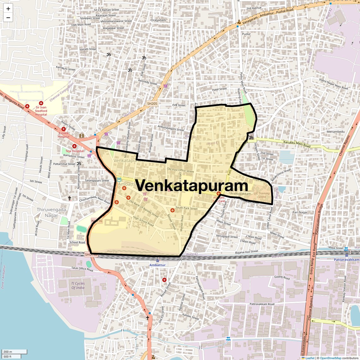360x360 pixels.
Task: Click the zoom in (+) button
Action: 8,9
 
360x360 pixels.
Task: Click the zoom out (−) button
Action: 8,18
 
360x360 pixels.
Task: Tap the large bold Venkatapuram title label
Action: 192,185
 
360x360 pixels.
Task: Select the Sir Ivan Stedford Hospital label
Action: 41,111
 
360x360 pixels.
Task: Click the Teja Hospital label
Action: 75,151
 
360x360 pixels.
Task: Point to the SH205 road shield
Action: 152,103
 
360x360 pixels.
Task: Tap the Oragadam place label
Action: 158,20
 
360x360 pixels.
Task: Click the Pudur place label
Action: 246,34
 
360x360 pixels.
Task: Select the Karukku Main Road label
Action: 297,144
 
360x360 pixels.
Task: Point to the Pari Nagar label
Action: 300,212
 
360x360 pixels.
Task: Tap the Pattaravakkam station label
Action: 346,260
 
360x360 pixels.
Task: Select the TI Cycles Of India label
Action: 78,285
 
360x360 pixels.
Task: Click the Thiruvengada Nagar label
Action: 51,213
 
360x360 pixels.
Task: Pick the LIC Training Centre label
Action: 262,195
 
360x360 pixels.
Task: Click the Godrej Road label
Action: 282,278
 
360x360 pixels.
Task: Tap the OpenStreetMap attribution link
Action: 330,358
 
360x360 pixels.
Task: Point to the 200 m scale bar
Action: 14,352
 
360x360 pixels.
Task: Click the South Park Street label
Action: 186,208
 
